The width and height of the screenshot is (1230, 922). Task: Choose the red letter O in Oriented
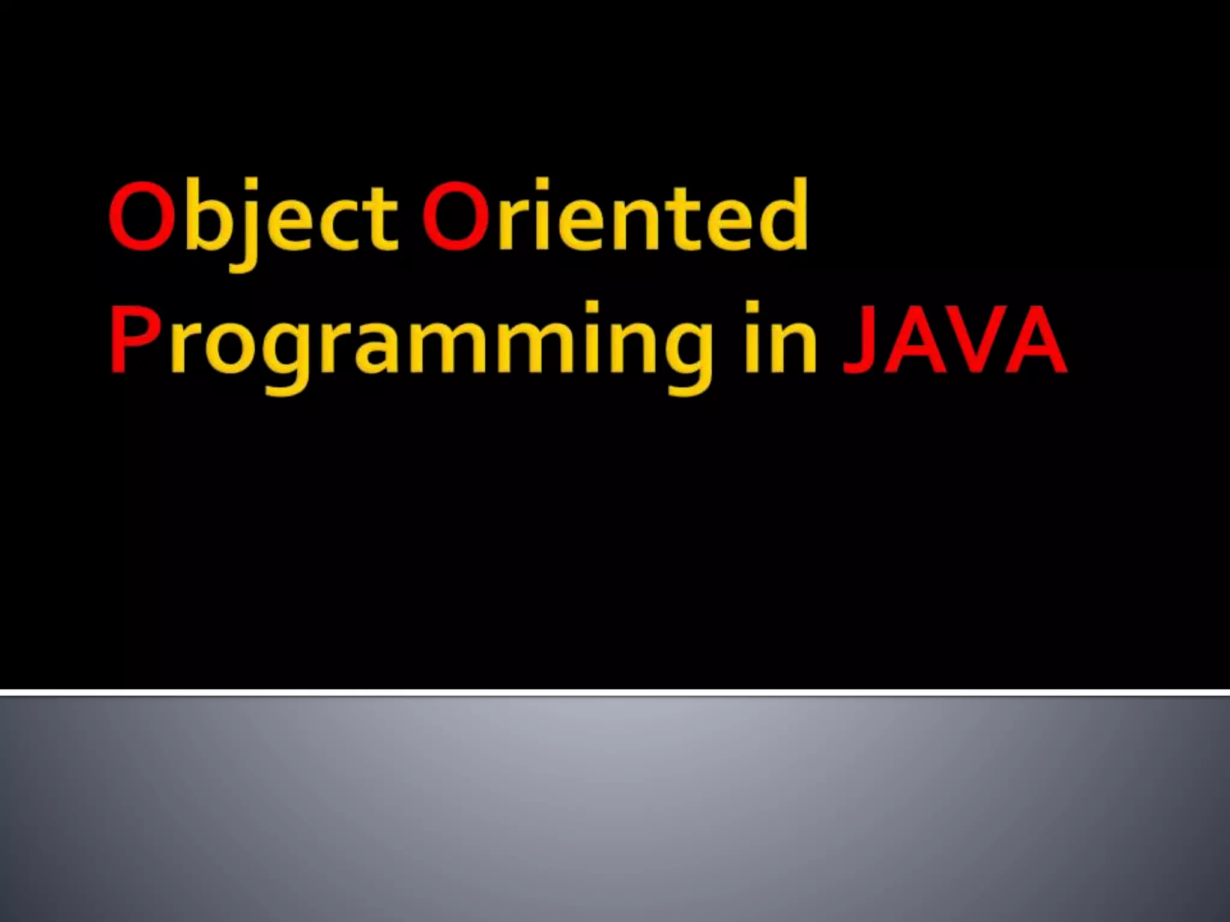[456, 216]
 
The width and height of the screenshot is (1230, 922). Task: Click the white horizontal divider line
[615, 693]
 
